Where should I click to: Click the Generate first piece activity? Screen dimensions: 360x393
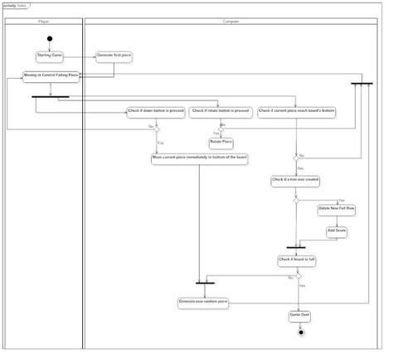(114, 56)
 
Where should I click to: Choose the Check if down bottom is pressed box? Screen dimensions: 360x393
(155, 111)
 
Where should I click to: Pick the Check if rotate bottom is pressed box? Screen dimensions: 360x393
(220, 111)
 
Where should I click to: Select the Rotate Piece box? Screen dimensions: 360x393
(221, 142)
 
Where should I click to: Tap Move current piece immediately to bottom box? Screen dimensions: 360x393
(199, 157)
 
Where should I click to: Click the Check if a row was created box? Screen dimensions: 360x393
(295, 179)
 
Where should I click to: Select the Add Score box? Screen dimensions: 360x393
(336, 230)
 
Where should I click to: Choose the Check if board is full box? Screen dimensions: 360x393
(295, 260)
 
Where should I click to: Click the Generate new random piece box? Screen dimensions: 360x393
(203, 302)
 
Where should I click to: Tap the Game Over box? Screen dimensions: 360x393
(299, 315)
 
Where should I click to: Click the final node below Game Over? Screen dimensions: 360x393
(300, 333)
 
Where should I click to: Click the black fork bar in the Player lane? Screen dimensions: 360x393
(50, 97)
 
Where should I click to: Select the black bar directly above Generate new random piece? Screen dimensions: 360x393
(205, 284)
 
